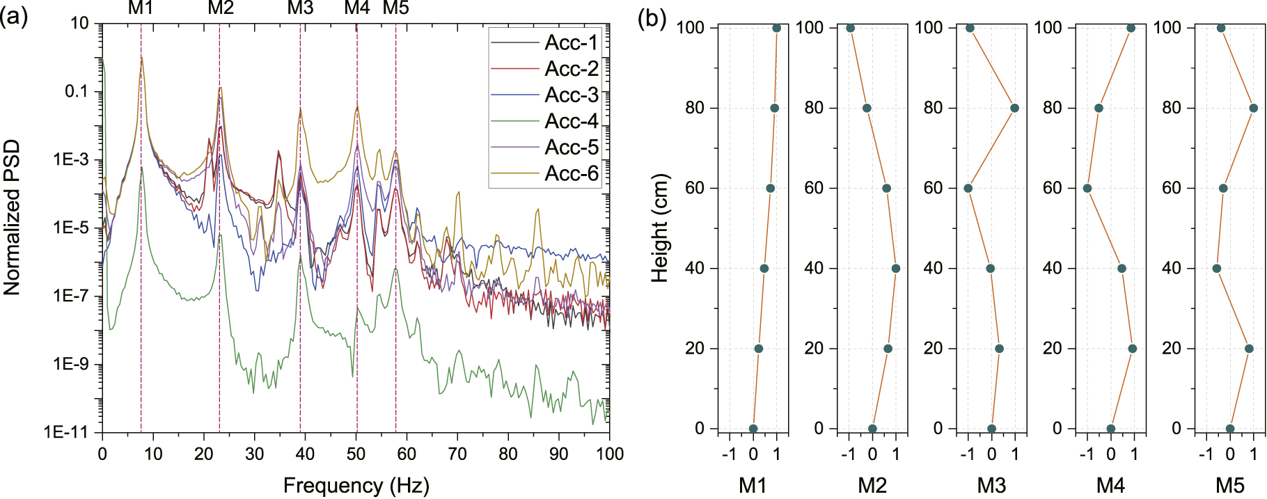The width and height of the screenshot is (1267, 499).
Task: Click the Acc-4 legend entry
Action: coord(571,121)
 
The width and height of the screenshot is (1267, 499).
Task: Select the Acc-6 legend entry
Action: coord(571,173)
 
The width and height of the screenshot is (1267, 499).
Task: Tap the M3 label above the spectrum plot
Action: coord(300,8)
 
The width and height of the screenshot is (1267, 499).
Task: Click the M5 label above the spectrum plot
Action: coord(396,8)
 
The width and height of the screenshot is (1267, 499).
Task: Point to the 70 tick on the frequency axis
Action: coord(457,453)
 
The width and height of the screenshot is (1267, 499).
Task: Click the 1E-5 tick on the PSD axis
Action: coord(70,228)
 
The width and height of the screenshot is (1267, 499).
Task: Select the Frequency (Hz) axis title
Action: coord(356,485)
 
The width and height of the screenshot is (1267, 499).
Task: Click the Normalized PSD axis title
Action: coord(12,217)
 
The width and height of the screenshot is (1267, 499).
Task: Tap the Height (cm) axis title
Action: coord(659,228)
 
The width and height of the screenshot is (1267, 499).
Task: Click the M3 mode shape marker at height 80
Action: coord(1014,108)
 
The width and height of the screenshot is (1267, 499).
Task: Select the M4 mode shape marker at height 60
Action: coord(1087,189)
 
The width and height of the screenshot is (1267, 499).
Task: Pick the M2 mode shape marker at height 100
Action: coord(850,28)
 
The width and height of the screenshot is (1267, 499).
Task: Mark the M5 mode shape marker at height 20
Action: coord(1249,349)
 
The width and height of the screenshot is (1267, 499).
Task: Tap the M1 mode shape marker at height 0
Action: coord(753,429)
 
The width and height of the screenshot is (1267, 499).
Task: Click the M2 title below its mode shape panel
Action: coord(872,485)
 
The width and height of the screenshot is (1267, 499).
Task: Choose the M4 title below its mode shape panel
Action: coord(1110,485)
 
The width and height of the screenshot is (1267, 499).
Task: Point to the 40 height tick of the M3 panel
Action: coord(933,269)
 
